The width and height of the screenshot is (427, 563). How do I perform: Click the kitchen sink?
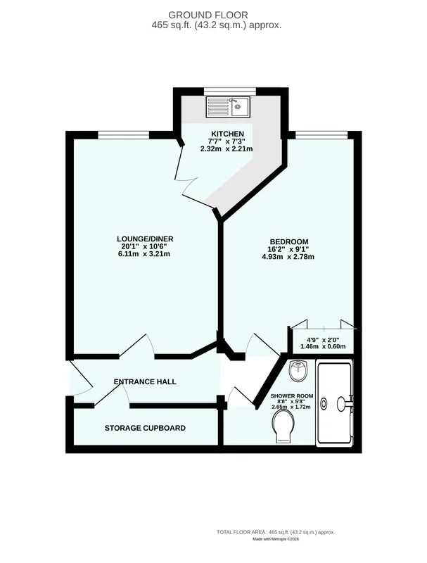(x=228, y=107)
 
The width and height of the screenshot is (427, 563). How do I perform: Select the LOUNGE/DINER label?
(x=146, y=239)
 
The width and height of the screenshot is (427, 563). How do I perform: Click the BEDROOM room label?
(x=289, y=241)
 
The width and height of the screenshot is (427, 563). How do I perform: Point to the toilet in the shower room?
(x=283, y=426)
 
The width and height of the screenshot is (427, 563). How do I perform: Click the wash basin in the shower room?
(x=298, y=371)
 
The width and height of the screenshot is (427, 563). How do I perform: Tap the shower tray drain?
(x=324, y=403)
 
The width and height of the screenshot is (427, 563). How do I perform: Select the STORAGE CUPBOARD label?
(x=145, y=428)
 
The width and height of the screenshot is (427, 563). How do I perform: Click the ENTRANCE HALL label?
(x=145, y=381)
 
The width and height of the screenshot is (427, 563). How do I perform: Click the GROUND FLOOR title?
(x=208, y=15)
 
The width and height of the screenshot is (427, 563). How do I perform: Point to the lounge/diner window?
(x=124, y=134)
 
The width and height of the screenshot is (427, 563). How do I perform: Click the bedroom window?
(x=321, y=134)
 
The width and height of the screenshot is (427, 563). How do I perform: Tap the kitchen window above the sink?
(x=230, y=91)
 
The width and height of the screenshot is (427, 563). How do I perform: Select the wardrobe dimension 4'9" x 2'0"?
(x=323, y=339)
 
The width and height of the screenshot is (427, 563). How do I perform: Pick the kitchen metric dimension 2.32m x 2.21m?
(x=227, y=148)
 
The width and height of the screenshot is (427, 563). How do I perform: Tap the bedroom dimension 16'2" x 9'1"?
(x=288, y=249)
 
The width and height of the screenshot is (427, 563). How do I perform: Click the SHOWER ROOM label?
(x=292, y=396)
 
